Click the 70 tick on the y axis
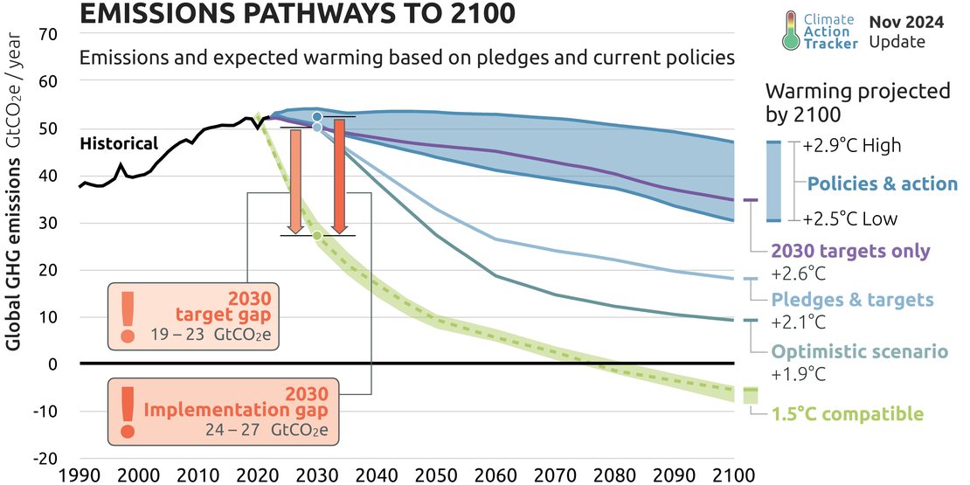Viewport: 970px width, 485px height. click(48, 34)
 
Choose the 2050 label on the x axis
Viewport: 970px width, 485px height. click(436, 476)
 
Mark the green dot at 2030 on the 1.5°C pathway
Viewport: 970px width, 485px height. click(317, 235)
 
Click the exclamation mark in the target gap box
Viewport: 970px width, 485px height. click(128, 316)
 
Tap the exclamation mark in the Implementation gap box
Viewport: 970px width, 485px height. click(128, 411)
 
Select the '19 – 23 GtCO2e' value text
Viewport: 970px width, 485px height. click(224, 336)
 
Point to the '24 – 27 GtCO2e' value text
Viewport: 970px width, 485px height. click(281, 429)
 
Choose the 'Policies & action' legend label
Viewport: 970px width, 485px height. click(882, 184)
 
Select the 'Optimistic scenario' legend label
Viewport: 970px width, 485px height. click(859, 352)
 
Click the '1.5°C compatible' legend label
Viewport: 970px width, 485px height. click(847, 413)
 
